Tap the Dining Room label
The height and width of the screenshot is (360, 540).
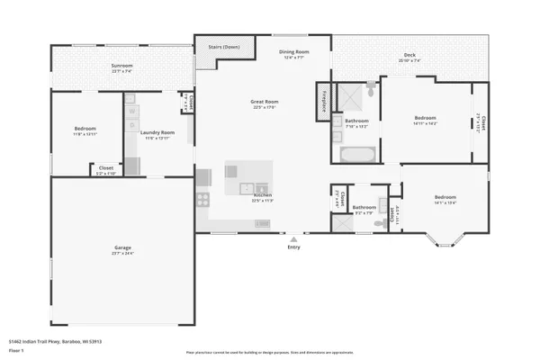pos(293,52)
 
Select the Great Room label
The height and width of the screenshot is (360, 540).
pos(264,102)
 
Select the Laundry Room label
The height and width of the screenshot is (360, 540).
pos(157,132)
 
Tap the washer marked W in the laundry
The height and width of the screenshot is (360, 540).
pos(131,112)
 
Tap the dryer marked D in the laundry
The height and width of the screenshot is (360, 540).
pos(131,126)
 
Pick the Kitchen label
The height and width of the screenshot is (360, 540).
pos(263,195)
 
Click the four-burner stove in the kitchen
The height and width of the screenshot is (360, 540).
pos(202,200)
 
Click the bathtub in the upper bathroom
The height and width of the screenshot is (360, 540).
pos(357,154)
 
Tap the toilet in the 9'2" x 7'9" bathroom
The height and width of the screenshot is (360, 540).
pos(382,204)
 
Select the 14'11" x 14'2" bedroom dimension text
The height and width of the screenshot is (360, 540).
pos(425,123)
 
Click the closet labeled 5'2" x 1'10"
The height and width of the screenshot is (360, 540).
pos(106,170)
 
